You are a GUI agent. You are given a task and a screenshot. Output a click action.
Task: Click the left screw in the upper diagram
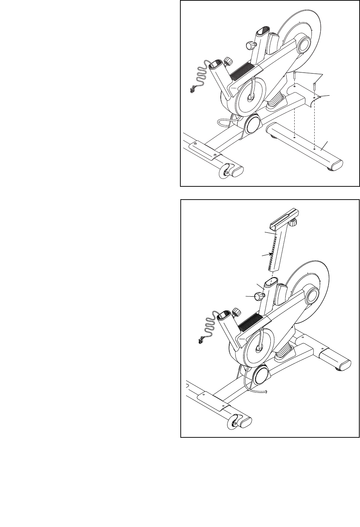pos(294,75)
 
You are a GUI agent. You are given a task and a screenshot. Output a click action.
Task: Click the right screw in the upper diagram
pos(314,86)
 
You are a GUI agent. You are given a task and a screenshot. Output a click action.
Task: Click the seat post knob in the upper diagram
pos(251,45)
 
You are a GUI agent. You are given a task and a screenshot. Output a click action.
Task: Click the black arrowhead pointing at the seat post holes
pos(272,253)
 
